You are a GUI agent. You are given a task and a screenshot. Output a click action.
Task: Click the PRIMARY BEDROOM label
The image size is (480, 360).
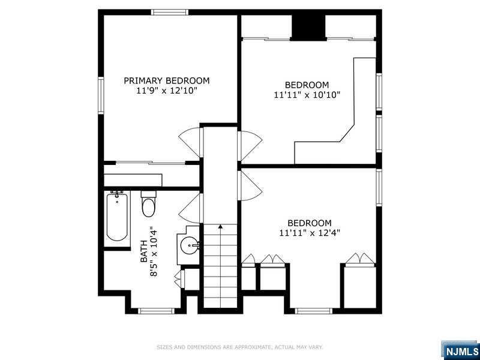167,81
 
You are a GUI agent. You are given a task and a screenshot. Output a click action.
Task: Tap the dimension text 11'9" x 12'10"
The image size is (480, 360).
167,91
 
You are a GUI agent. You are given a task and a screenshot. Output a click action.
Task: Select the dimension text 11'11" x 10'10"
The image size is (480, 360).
307,95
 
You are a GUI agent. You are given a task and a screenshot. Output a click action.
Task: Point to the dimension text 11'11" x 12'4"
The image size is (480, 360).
310,233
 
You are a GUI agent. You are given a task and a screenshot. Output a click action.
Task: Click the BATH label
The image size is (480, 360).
143,251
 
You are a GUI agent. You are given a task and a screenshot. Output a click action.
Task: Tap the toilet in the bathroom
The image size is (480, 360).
149,204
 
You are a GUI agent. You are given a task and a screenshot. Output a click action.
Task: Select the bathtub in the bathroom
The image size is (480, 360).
117,216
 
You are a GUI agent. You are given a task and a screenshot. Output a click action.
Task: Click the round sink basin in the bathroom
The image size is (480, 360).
189,245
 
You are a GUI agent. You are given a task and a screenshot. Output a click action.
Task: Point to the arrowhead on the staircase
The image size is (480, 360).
220,227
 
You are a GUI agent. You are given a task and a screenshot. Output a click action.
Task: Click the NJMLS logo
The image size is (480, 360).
460,350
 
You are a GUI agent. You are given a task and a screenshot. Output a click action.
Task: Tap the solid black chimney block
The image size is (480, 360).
308,28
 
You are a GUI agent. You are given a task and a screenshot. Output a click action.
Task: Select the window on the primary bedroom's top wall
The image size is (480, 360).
170,12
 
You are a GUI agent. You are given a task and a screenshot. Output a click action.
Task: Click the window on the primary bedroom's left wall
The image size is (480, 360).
101,95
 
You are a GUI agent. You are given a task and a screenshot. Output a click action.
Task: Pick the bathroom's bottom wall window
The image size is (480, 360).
157,311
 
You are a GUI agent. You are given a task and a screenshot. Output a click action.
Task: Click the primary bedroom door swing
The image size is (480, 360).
189,142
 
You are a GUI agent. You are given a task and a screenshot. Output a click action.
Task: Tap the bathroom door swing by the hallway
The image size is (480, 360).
189,208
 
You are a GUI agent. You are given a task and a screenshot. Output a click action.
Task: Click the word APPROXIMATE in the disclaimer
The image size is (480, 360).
248,347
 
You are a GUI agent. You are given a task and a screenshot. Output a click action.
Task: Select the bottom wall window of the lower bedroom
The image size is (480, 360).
314,311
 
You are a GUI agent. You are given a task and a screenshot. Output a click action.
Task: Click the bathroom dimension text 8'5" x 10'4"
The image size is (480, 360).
154,251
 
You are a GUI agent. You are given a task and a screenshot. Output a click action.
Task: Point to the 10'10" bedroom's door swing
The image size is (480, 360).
250,146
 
